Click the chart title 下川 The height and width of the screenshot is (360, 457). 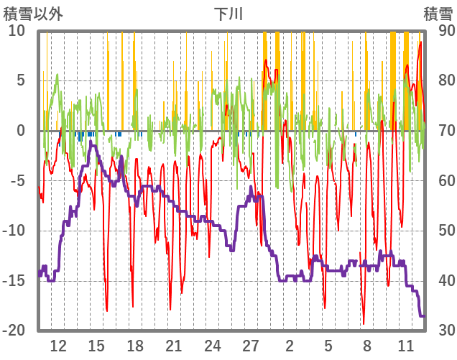pos(229,14)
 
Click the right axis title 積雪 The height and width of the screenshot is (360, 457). pos(438,14)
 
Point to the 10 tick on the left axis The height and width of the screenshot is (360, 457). pos(17,31)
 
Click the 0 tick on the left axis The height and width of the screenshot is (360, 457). pos(20,131)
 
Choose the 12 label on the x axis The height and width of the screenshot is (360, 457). pos(58,345)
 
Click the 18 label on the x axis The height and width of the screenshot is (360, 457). pos(135,345)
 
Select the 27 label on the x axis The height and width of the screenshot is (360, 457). pos(251,345)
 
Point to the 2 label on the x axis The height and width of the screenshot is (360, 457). pos(290,345)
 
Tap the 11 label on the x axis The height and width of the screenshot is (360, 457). pos(405,345)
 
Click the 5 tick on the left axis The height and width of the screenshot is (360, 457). pos(20,80)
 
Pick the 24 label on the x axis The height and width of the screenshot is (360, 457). pos(212,345)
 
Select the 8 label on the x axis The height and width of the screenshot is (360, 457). pos(366,345)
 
